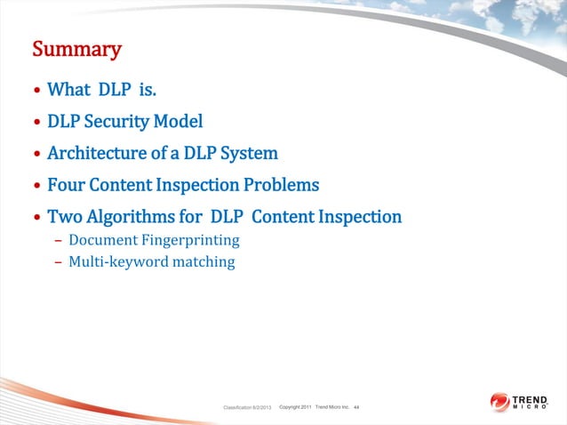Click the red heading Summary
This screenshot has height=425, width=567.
pos(76,49)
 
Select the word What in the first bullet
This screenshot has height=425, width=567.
pos(68,90)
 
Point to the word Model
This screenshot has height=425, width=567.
pos(181,122)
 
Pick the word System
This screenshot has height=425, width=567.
pos(251,154)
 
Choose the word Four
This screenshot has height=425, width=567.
pos(65,186)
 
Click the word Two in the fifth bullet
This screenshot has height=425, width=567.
pos(63,217)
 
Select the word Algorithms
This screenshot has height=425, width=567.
pos(128,217)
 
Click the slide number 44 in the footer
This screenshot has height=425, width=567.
pos(356,407)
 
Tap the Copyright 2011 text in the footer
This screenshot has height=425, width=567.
pos(294,407)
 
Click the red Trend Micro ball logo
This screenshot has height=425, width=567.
pos(499,403)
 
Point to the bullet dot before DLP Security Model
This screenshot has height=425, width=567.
pos(36,123)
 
